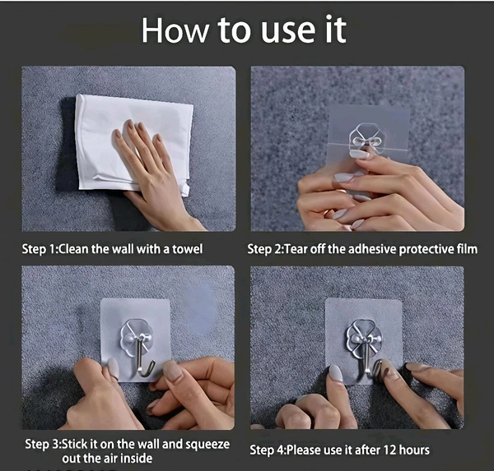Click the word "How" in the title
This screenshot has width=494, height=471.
[175, 30]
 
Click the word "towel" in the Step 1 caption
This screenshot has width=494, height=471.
[187, 249]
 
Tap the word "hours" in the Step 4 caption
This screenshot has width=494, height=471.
[414, 450]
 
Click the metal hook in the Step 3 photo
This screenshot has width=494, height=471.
[143, 358]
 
